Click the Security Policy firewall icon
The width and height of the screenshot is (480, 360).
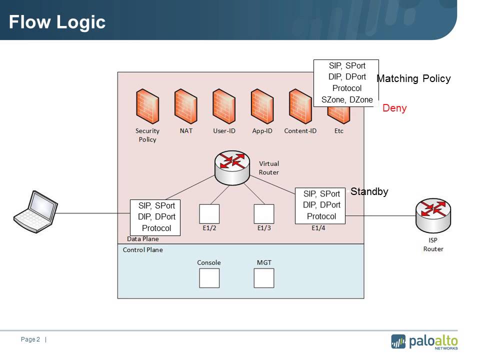tap(147, 106)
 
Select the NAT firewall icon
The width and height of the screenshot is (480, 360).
tap(185, 106)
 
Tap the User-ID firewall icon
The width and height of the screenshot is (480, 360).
tap(223, 106)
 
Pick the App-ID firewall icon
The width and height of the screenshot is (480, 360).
tap(262, 106)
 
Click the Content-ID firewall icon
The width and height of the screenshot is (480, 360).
tap(300, 106)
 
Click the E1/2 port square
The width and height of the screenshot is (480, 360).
tap(209, 213)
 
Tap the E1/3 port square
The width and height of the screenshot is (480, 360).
tap(263, 213)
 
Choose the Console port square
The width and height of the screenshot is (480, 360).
tap(209, 278)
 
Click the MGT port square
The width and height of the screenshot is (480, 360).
tap(263, 278)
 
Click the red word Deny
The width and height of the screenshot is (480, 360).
tap(394, 108)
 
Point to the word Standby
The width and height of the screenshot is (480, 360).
tap(369, 191)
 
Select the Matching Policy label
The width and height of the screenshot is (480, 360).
tap(413, 78)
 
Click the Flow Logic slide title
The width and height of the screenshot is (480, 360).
tap(57, 22)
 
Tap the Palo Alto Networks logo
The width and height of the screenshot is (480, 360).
tap(424, 341)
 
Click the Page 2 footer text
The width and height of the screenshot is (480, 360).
tap(30, 339)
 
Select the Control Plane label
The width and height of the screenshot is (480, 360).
tap(142, 249)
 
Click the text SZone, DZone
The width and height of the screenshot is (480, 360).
tap(346, 99)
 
